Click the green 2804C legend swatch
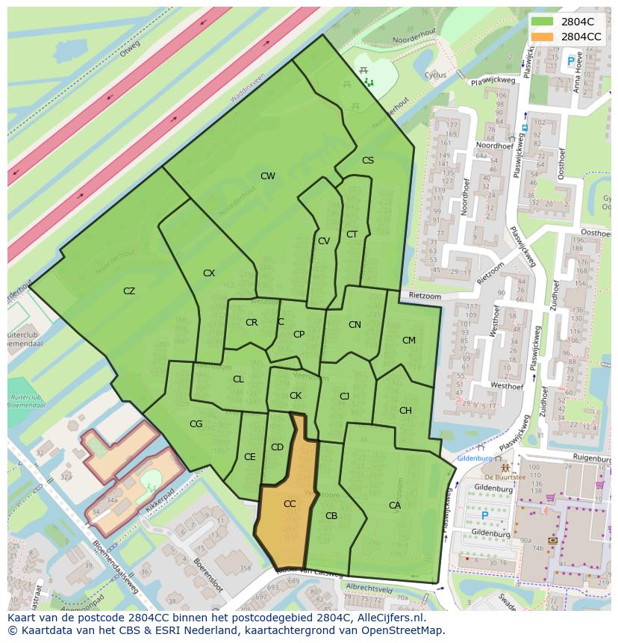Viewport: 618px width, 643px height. click(542, 22)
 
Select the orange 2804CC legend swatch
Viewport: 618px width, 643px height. click(542, 36)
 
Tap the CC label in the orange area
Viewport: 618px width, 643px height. click(290, 504)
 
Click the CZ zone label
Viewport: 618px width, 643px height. click(129, 291)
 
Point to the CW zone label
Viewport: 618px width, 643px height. click(267, 176)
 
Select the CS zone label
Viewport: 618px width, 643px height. click(368, 161)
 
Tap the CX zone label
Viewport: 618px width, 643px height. click(209, 273)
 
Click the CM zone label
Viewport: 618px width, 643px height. click(408, 341)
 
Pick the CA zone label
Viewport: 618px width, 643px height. click(395, 506)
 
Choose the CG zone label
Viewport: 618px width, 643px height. click(196, 424)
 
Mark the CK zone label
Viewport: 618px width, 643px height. click(296, 396)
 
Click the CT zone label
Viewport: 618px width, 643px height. click(352, 234)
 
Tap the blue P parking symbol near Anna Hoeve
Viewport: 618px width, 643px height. click(571, 61)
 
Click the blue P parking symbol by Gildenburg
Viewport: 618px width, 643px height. click(484, 515)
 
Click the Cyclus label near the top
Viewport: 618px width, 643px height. click(435, 75)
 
